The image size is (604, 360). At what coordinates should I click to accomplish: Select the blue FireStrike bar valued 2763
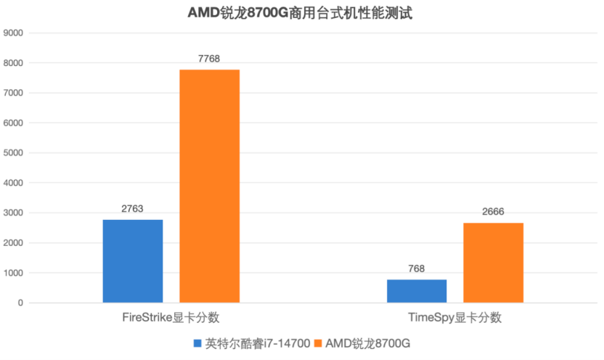[133, 261]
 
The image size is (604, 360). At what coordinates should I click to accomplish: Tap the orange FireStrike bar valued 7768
[209, 186]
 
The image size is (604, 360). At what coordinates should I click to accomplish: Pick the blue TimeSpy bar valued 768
[417, 290]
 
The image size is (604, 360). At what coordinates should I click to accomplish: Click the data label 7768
[209, 58]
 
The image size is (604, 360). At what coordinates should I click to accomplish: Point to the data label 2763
[133, 208]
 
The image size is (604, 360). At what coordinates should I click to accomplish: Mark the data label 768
[417, 268]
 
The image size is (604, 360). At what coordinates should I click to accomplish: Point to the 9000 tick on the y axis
[14, 33]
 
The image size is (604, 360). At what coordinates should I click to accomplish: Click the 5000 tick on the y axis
[14, 153]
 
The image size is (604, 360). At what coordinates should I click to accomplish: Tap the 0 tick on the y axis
[21, 303]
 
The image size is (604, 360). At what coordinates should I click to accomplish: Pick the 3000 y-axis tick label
[14, 213]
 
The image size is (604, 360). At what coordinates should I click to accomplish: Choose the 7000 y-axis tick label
[14, 93]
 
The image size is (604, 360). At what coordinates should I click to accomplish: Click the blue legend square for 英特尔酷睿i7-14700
[197, 343]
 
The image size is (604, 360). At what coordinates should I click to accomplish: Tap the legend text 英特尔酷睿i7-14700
[258, 343]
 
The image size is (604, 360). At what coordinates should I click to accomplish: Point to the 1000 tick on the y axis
[14, 273]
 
